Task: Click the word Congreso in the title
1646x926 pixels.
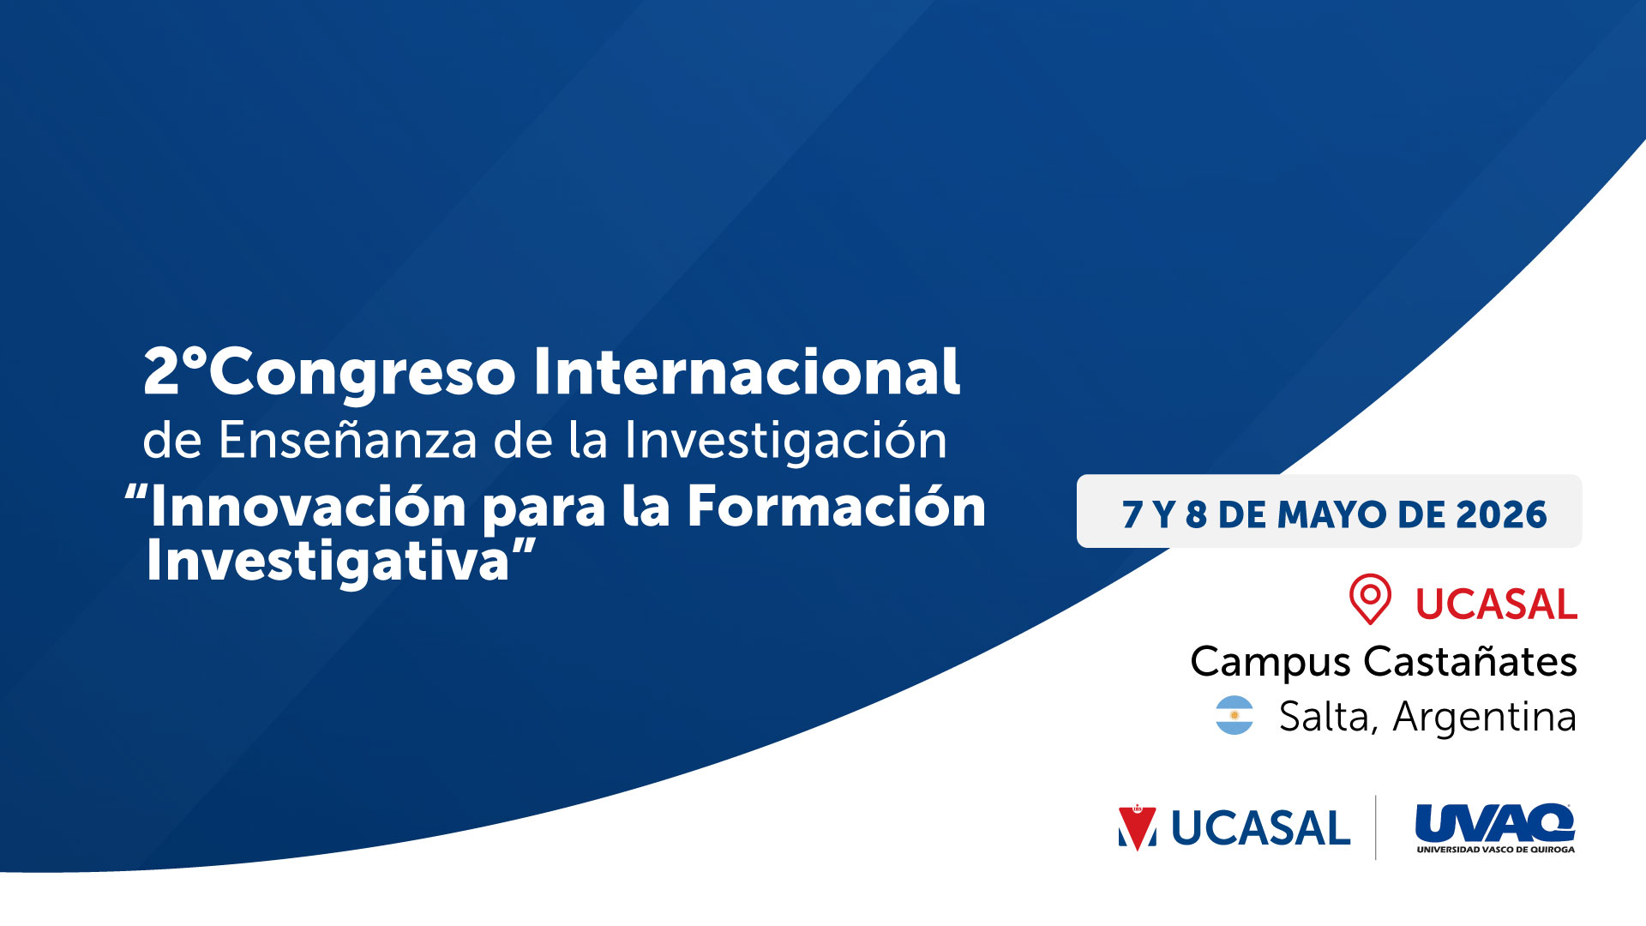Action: point(363,373)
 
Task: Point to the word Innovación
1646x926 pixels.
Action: point(309,506)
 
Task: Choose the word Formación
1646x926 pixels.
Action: point(837,506)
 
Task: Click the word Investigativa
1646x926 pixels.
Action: point(328,562)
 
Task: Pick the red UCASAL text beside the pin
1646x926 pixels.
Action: point(1496,604)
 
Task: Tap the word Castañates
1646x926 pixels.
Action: point(1470,661)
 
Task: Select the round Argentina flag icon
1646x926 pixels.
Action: point(1234,715)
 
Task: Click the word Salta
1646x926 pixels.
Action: point(1328,717)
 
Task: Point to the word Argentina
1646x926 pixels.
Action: point(1485,717)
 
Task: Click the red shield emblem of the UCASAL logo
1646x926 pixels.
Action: point(1137,828)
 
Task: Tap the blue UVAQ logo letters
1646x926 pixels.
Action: point(1494,822)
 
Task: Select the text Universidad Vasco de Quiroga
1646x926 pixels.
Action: point(1495,850)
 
